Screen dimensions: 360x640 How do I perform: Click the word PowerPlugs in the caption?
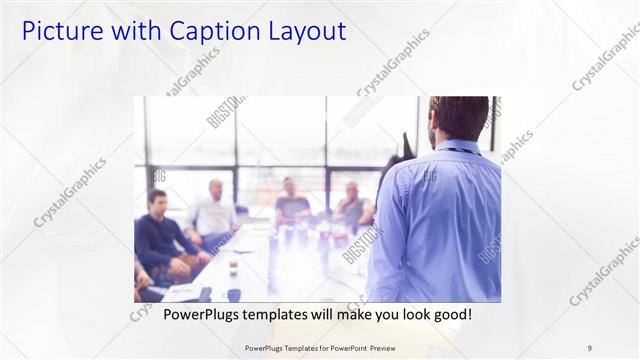[x=196, y=314]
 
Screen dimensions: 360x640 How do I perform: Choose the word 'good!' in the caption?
[x=449, y=314]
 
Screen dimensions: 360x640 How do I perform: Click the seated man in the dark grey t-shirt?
[x=291, y=205]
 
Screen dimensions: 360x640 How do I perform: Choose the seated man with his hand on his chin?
[x=353, y=206]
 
